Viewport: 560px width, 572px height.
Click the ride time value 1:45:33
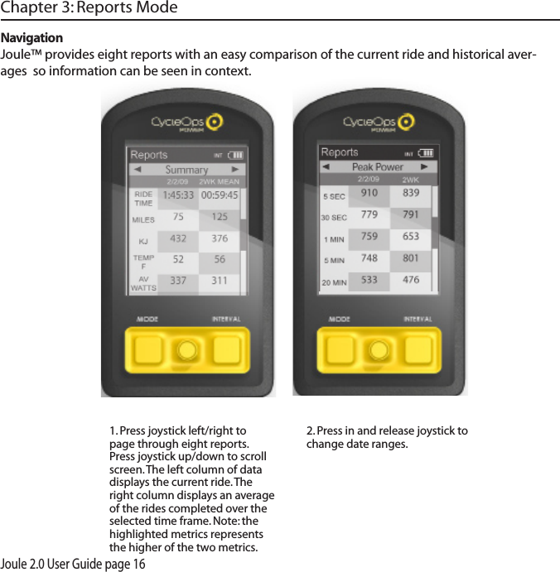[178, 196]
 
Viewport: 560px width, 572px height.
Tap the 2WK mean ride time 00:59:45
[220, 196]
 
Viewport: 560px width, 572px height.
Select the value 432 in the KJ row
[178, 238]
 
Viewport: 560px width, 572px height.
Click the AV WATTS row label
[143, 283]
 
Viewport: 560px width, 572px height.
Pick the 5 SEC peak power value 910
[369, 193]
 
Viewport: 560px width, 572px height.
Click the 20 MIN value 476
[411, 280]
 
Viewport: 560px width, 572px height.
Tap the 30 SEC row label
[334, 218]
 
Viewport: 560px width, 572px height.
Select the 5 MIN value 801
[411, 258]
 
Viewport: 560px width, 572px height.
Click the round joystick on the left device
[187, 350]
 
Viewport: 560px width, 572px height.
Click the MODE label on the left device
[148, 319]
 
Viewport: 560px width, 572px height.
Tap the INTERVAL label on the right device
[418, 319]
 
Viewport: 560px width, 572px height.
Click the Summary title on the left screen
[186, 169]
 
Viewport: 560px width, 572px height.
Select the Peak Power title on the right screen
[377, 166]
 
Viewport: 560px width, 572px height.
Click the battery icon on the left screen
[237, 155]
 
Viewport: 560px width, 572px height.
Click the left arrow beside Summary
[138, 169]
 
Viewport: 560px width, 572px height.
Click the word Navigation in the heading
[32, 38]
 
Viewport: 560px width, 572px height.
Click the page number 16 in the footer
[138, 564]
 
